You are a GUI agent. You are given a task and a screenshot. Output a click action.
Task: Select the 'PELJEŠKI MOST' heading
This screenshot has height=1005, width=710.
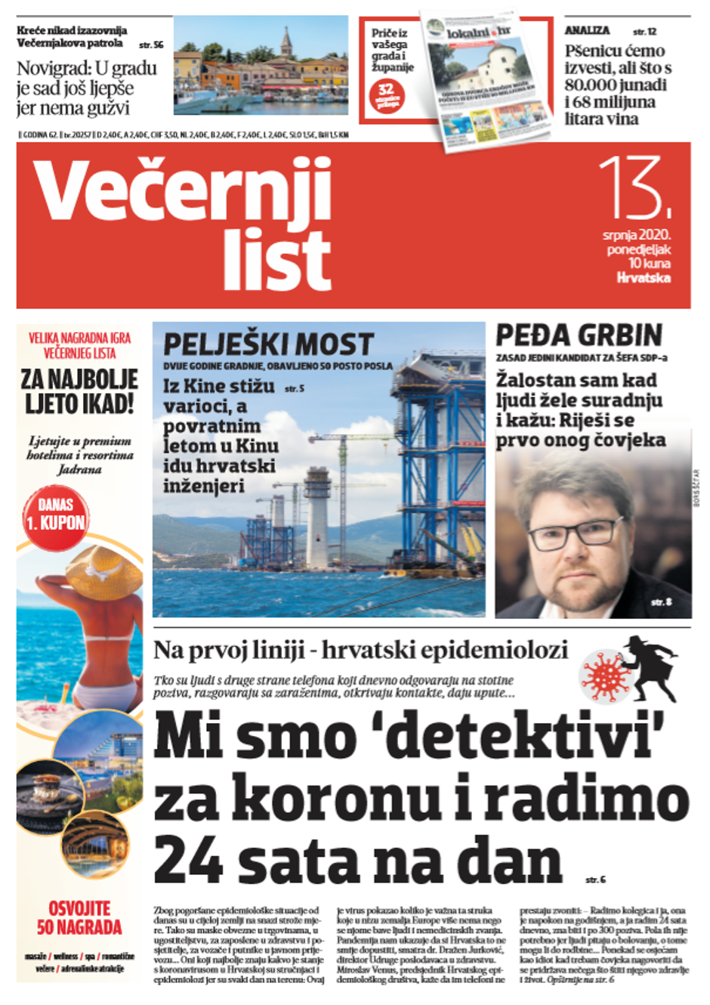tap(268, 345)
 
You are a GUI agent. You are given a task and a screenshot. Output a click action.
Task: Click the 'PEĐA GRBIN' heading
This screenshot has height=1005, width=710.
tap(579, 336)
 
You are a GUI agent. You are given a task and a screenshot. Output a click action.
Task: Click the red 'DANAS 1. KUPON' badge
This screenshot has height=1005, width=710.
tap(55, 514)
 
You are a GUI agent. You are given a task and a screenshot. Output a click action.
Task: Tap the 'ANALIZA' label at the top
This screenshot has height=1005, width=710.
tap(587, 30)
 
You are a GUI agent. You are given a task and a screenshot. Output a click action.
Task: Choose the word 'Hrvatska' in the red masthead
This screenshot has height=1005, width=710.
tap(644, 277)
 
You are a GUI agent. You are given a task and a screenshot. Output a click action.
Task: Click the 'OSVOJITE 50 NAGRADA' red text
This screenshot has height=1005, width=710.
tap(79, 917)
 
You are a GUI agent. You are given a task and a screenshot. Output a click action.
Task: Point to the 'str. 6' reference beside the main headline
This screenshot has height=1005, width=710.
tap(595, 880)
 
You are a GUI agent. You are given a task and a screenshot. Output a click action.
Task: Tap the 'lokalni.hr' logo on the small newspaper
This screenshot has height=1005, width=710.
tap(478, 32)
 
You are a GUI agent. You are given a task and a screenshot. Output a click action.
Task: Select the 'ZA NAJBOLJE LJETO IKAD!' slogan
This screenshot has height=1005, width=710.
tap(79, 391)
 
